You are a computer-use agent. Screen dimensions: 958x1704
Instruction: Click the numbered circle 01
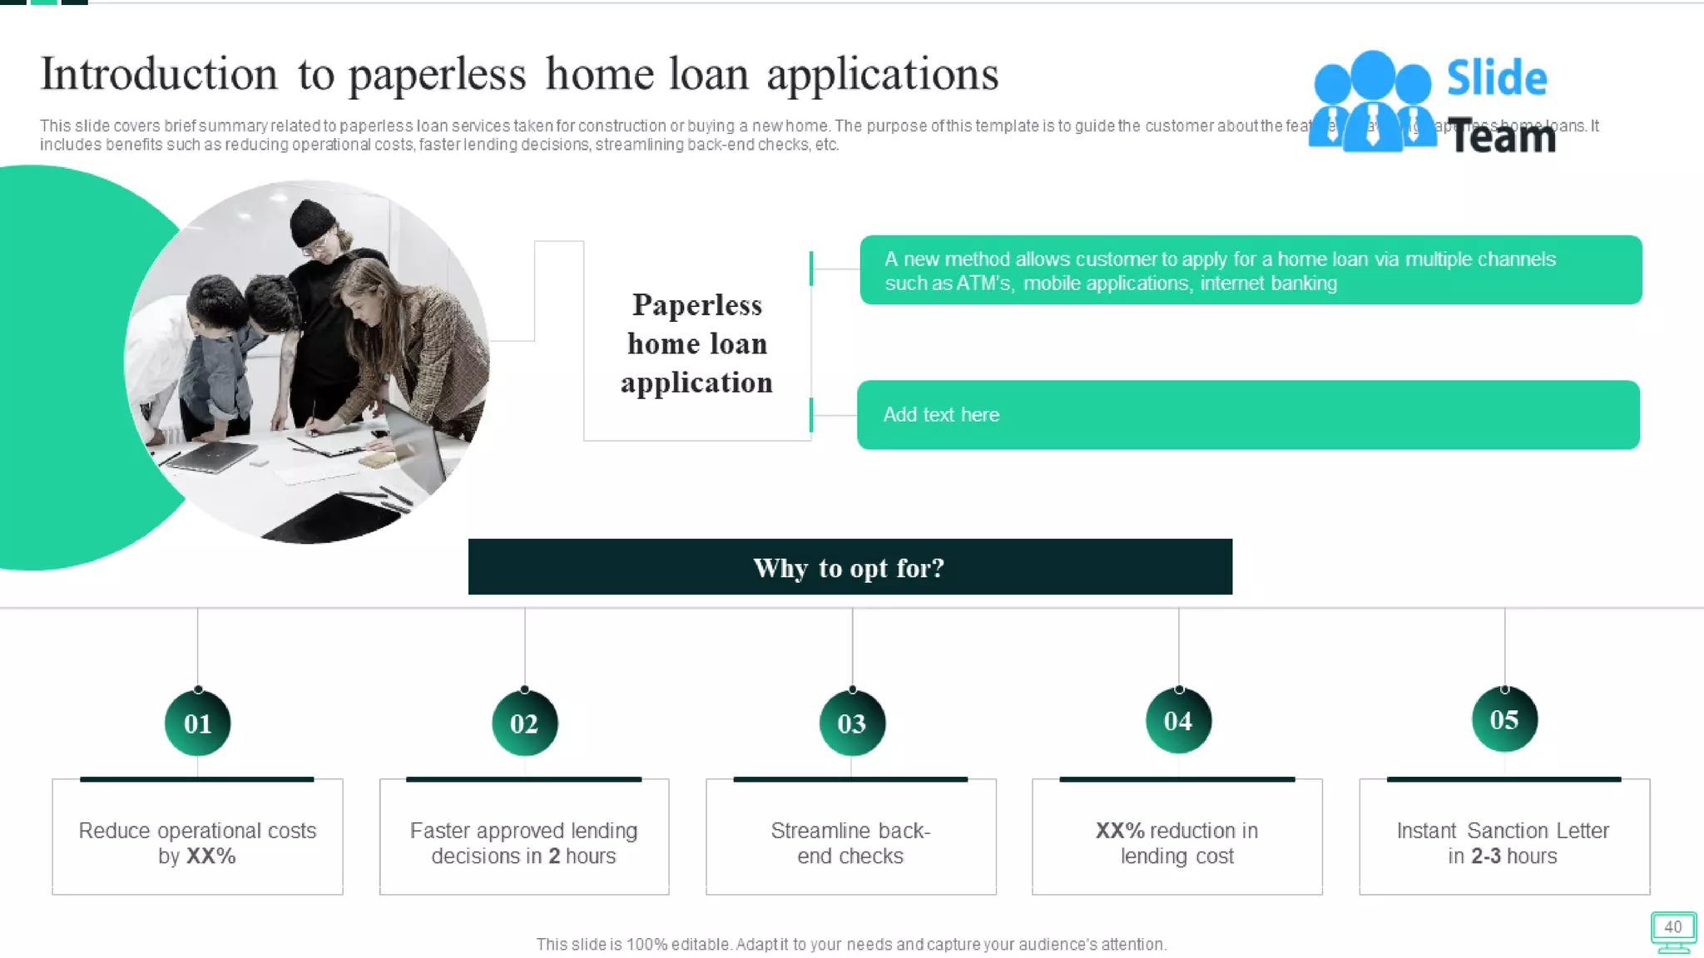coord(197,723)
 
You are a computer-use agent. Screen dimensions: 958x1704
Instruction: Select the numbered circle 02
coord(524,723)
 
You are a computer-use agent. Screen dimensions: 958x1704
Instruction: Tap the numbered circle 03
coord(851,723)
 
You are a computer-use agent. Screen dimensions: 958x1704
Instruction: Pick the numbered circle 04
coord(1178,720)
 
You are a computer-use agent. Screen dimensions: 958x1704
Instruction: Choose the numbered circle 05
coord(1504,719)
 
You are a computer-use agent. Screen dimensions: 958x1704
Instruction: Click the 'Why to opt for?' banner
coord(850,567)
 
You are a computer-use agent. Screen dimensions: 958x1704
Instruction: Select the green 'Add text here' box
coord(1248,415)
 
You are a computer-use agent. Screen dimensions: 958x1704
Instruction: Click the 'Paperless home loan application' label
coord(696,343)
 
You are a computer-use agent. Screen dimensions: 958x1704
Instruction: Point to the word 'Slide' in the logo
coord(1497,78)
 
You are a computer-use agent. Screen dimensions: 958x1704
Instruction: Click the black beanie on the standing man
coord(311,219)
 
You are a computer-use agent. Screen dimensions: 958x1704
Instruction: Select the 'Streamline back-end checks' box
coord(850,837)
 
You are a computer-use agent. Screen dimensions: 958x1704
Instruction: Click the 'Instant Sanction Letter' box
coord(1503,837)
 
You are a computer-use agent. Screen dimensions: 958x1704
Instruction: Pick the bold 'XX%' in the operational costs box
coord(211,857)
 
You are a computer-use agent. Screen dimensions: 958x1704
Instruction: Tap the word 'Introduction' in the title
coord(159,74)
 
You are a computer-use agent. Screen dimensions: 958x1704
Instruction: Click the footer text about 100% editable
coord(851,945)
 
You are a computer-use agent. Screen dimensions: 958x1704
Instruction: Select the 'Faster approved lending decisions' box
coord(524,837)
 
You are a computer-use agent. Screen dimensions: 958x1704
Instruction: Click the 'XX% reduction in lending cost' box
coord(1176,837)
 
